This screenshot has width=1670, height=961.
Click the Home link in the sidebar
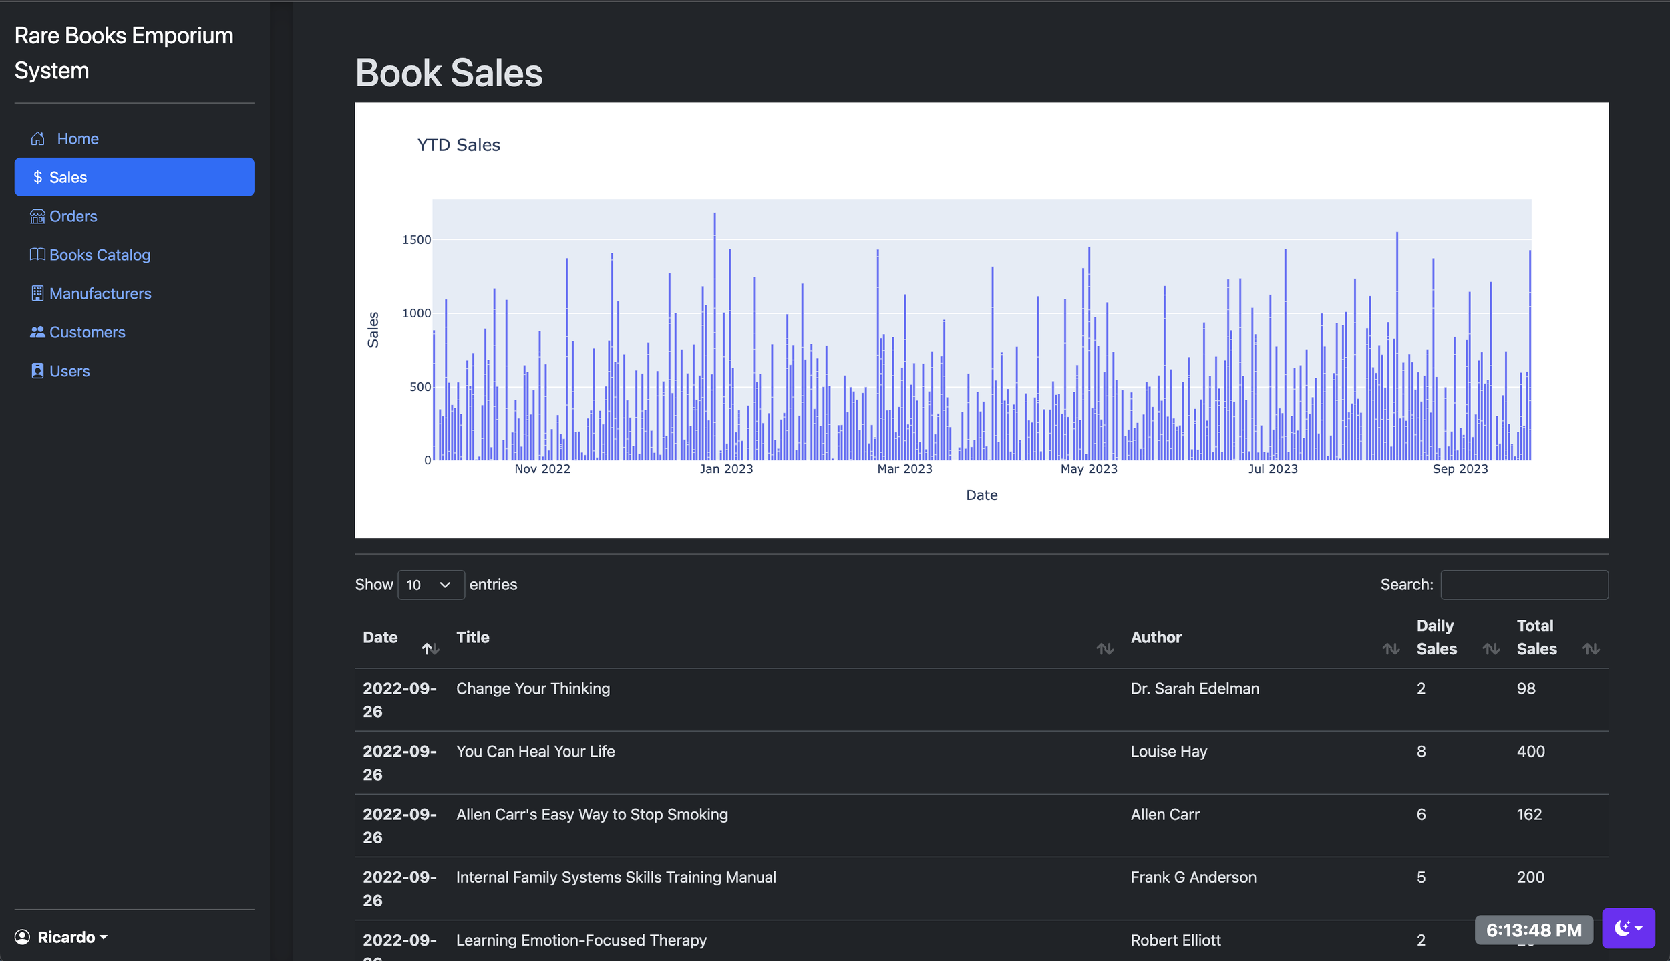[x=65, y=138]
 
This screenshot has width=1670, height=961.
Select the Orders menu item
[x=63, y=216]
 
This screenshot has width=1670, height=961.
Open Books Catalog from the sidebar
[x=90, y=255]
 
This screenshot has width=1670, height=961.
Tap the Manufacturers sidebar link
[x=91, y=293]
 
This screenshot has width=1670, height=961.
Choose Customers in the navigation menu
[x=77, y=332]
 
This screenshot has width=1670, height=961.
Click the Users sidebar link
[x=60, y=371]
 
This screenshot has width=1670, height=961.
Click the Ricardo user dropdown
[x=61, y=937]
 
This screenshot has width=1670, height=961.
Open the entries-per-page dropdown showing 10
[x=431, y=585]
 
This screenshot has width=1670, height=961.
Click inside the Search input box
[x=1524, y=585]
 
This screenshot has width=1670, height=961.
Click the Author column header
[x=1156, y=637]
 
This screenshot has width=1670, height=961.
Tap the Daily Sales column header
[x=1437, y=637]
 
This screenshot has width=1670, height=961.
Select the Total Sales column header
[x=1536, y=637]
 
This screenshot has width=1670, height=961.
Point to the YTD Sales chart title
[x=459, y=145]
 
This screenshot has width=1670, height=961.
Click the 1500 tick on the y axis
[x=417, y=239]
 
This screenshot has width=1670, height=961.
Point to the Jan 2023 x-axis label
[x=726, y=469]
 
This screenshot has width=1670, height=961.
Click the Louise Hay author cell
[x=1169, y=751]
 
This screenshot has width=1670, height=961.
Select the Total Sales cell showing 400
[x=1530, y=751]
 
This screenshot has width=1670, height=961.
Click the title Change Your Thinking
[x=533, y=688]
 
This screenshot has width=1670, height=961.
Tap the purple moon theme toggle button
[x=1628, y=928]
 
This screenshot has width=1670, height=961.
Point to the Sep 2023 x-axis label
[x=1460, y=469]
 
